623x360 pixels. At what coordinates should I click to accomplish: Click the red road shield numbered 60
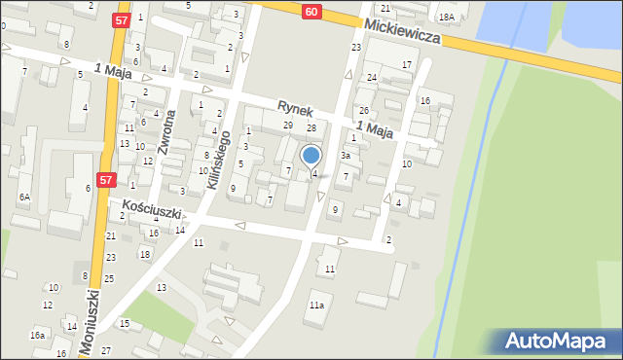(310, 11)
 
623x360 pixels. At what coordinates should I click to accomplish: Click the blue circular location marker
(311, 155)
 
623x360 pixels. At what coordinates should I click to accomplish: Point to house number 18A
(446, 18)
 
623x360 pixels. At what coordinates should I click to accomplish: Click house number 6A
(24, 197)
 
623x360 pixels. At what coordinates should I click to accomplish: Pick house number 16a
(37, 335)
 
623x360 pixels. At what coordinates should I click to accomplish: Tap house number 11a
(316, 305)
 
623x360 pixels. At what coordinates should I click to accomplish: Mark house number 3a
(345, 156)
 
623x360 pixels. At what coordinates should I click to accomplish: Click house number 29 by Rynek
(288, 126)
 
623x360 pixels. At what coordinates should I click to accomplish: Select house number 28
(311, 128)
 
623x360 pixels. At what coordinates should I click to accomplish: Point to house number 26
(363, 110)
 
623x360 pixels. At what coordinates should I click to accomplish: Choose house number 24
(372, 77)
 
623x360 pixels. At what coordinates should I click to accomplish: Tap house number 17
(406, 64)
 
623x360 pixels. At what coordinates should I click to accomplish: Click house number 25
(109, 278)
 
